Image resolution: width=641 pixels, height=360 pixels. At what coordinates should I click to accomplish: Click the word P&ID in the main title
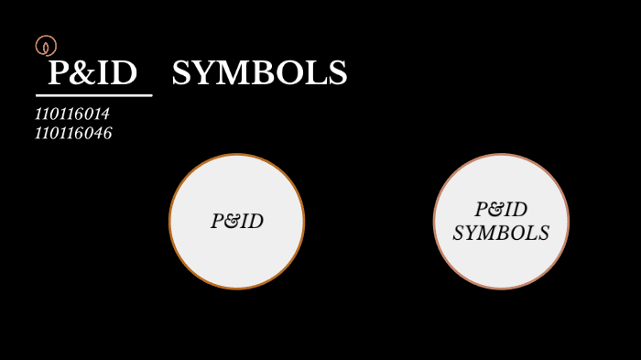[92, 74]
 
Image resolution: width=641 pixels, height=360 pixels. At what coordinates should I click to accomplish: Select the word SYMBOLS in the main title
[259, 74]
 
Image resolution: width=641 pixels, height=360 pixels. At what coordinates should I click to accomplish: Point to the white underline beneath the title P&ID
[93, 95]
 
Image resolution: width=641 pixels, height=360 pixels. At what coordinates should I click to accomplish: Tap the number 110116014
[72, 115]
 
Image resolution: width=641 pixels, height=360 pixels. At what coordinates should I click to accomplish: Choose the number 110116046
[73, 134]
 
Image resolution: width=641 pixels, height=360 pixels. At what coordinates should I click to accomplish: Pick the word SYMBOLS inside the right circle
[501, 234]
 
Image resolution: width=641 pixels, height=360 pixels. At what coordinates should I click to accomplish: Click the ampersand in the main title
[87, 74]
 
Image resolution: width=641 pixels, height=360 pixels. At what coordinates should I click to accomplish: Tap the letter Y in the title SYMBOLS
[203, 74]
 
